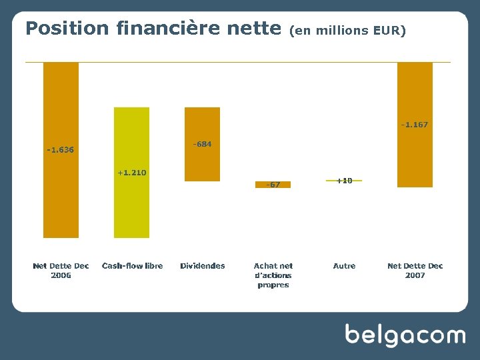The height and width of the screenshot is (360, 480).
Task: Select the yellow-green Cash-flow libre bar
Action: [131, 207]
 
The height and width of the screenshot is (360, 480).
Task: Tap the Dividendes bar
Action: [202, 163]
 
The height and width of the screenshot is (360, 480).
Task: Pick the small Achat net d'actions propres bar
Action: [273, 185]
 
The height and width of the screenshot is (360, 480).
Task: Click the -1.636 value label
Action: [61, 150]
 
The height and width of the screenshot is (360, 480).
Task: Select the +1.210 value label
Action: [131, 173]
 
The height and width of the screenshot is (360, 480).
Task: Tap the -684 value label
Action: [202, 144]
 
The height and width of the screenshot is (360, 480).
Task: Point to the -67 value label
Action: [273, 185]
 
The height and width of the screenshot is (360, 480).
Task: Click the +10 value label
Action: [344, 181]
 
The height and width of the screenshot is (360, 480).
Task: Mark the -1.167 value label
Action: [415, 125]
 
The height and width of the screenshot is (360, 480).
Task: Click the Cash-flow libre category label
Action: [132, 266]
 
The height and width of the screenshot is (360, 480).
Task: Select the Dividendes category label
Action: [203, 266]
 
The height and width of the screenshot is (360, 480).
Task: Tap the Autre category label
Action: [344, 266]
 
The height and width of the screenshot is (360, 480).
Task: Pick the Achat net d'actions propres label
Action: [273, 275]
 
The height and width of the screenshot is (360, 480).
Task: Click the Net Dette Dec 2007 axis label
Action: [415, 271]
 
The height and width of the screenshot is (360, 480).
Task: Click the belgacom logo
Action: [405, 335]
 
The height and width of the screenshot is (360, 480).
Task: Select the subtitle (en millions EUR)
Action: [347, 31]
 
